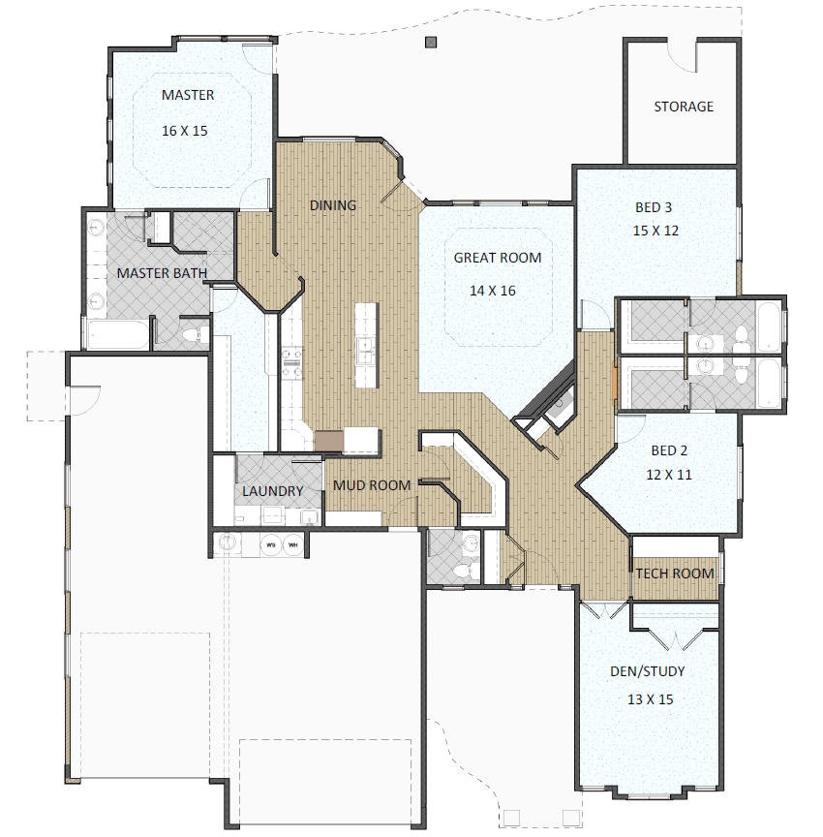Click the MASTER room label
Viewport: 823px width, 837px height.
(x=188, y=95)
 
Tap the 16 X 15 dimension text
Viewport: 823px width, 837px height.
(x=188, y=129)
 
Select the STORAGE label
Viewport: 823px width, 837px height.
(x=684, y=107)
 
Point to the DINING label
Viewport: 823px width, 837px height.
(x=332, y=205)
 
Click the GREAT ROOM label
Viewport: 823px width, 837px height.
(x=498, y=258)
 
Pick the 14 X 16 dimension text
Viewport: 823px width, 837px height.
(x=498, y=290)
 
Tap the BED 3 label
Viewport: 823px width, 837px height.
(x=654, y=207)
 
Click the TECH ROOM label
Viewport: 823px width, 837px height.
(x=675, y=573)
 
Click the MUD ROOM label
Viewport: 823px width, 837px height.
(x=372, y=485)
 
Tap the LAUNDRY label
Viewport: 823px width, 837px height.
(x=272, y=491)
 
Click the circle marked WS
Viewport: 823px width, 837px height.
(x=272, y=543)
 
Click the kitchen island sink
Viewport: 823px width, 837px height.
(x=365, y=351)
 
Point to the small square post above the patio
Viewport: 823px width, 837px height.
(x=431, y=42)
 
